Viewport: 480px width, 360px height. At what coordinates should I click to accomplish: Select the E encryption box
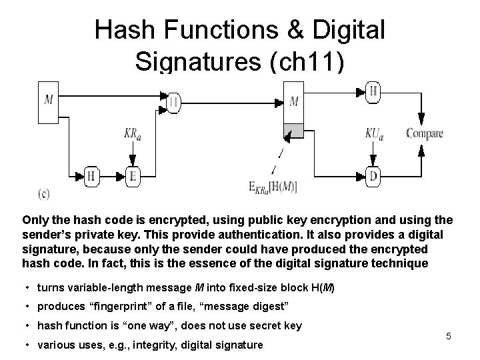click(x=132, y=176)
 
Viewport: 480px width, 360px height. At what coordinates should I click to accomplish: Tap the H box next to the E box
click(x=92, y=176)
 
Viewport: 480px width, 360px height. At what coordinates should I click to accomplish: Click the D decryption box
click(x=373, y=176)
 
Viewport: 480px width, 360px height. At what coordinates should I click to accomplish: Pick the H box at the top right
click(x=373, y=92)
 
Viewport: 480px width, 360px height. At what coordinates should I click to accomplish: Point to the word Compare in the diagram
click(x=425, y=133)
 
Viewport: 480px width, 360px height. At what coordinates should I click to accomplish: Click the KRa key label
click(x=133, y=133)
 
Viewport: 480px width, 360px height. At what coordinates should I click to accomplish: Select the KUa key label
click(x=374, y=133)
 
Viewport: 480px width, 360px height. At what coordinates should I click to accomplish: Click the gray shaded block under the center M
click(x=294, y=130)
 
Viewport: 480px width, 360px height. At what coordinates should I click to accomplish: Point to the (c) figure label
click(x=43, y=194)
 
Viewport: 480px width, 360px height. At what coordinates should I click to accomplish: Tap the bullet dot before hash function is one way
click(x=28, y=326)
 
